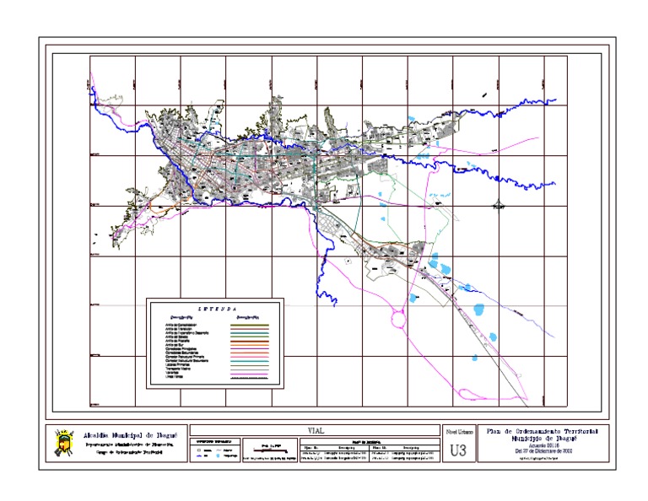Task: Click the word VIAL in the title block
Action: click(316, 430)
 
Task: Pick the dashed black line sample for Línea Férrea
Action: click(249, 377)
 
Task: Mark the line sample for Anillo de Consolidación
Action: click(249, 325)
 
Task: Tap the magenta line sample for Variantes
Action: click(249, 373)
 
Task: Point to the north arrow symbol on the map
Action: click(499, 203)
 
